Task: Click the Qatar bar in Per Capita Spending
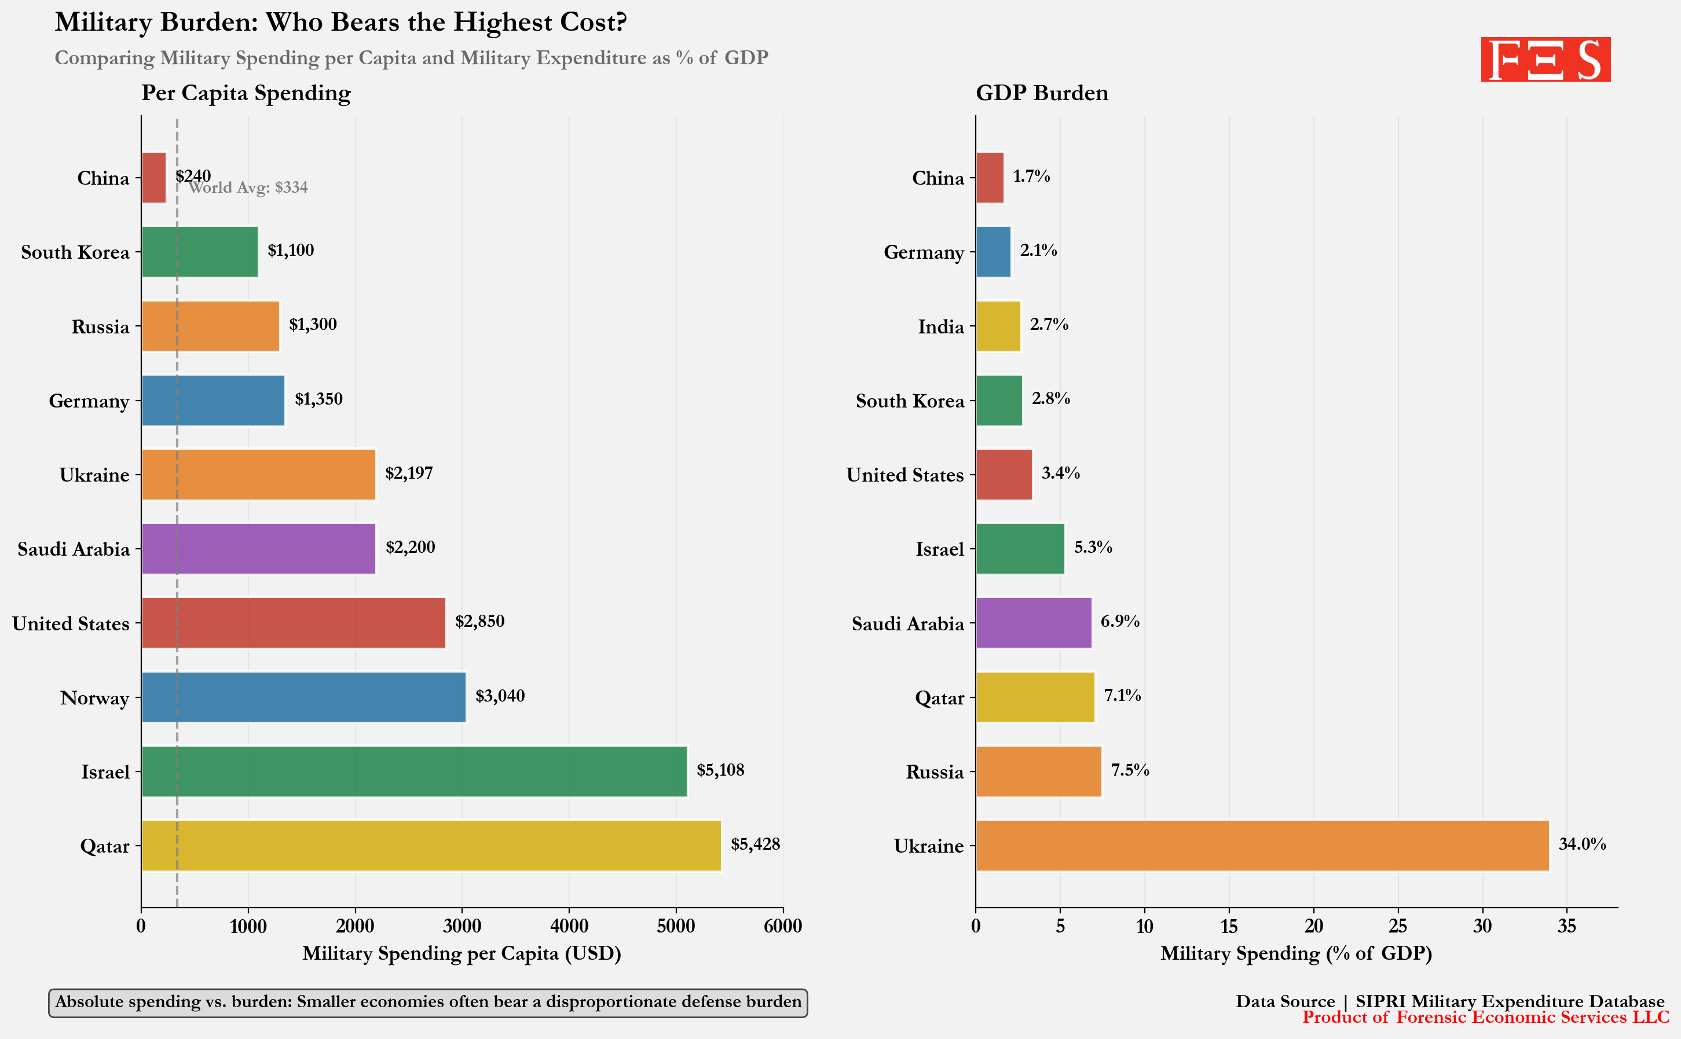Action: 431,845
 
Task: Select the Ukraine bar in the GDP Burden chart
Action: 1262,845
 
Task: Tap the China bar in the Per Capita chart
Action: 153,177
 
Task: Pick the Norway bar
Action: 303,697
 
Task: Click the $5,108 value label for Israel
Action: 720,770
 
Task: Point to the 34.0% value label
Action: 1581,844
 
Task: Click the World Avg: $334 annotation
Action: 248,188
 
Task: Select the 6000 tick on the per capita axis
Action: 783,926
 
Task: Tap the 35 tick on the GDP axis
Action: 1566,926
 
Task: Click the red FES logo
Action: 1545,60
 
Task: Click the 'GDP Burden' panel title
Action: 1041,93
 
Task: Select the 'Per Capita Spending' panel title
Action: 246,93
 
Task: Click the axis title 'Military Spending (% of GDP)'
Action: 1295,953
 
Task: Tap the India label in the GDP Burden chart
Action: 940,326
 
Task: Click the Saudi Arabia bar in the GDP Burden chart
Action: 1033,623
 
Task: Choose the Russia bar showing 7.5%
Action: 1038,771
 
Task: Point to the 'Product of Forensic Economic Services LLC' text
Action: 1485,1018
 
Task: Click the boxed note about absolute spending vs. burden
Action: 427,1003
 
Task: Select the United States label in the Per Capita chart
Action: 70,623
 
